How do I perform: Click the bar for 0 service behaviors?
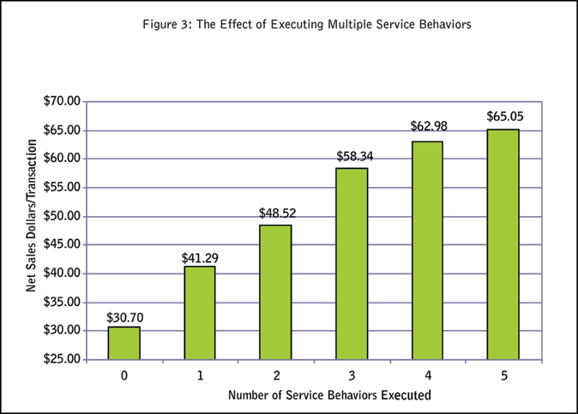[x=123, y=343]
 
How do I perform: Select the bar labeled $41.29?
[x=199, y=313]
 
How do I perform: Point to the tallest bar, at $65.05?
[x=503, y=244]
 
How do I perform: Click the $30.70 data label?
[x=123, y=317]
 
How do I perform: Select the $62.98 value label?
[x=429, y=126]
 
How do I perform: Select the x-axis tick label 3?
[x=352, y=375]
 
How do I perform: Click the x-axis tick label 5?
[x=504, y=375]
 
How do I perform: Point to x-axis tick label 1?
[x=199, y=375]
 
